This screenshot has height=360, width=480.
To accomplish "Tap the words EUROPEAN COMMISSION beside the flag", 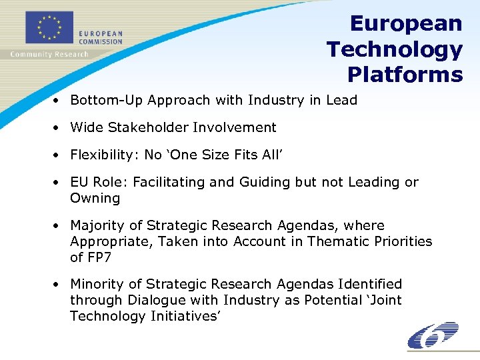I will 101,37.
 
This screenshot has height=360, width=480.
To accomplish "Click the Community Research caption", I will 49,55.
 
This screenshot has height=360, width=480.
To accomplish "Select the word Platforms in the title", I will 405,75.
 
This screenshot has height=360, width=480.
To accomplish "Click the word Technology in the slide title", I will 394,49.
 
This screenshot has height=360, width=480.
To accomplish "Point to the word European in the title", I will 405,24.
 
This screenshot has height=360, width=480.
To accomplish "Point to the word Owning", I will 95,198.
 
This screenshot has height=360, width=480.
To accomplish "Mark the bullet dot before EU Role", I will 59,182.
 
